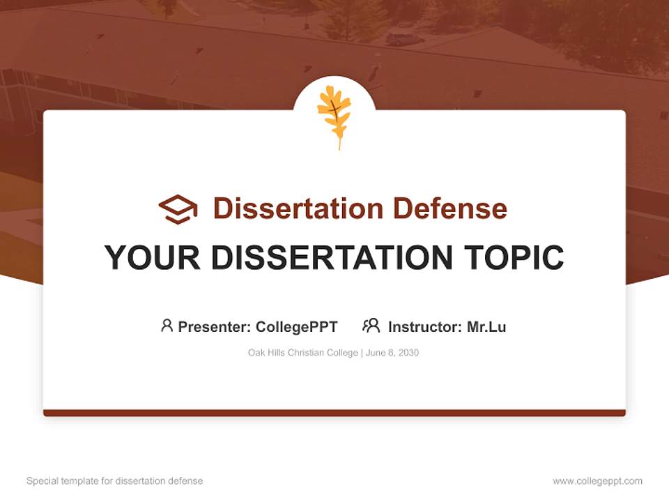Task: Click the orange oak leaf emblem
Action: [334, 114]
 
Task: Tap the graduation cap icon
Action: [178, 208]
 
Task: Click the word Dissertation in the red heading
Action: [298, 208]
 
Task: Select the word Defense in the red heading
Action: [449, 208]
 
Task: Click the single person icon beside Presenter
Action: [167, 326]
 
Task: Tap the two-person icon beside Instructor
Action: [371, 326]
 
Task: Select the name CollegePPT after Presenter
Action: [297, 326]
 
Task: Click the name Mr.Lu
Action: [486, 326]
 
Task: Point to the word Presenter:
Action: [215, 326]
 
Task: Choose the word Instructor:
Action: [425, 326]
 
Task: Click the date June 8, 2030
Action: [392, 353]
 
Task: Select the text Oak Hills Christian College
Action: [302, 353]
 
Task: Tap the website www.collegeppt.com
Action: [597, 481]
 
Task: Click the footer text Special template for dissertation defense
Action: [115, 481]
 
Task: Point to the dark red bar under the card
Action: [334, 413]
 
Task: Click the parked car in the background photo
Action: [404, 38]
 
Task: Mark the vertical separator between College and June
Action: [361, 353]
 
